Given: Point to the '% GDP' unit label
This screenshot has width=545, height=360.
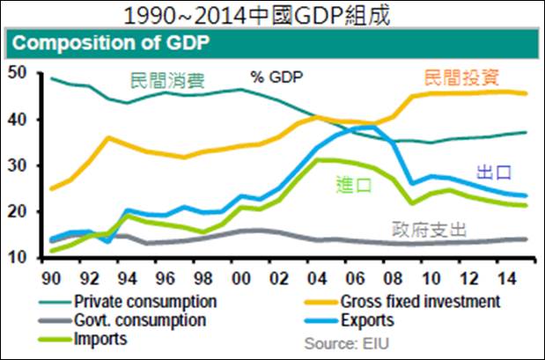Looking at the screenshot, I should click(x=276, y=77).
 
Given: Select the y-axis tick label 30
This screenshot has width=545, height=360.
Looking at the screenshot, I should click(x=17, y=165).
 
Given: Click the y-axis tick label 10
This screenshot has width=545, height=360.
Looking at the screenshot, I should click(x=17, y=258).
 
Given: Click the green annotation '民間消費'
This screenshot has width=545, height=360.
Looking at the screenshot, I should click(x=167, y=83).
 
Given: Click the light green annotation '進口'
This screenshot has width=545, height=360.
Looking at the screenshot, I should click(x=354, y=185).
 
